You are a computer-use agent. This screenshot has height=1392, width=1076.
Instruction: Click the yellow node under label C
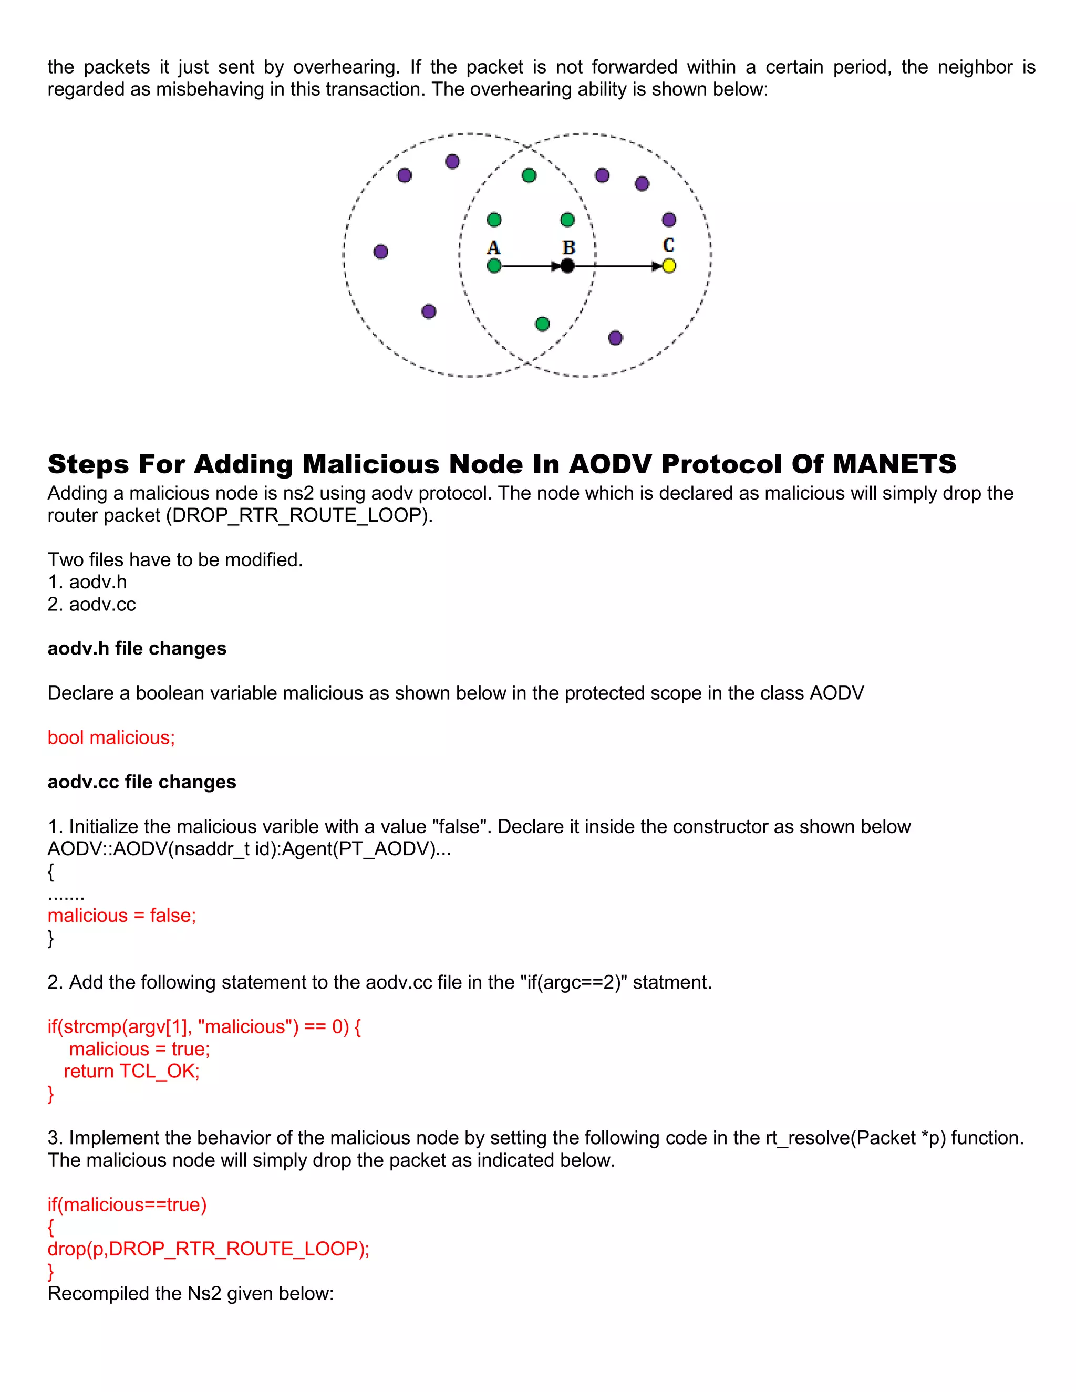tap(669, 266)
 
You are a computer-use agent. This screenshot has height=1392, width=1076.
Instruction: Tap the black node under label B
tap(567, 266)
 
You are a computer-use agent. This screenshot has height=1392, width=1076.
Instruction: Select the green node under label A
tap(494, 266)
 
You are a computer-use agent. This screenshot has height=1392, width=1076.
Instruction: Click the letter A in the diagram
tap(493, 247)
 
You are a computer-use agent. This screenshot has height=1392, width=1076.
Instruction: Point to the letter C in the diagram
tap(668, 245)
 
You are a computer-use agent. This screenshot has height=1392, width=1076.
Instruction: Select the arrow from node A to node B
tap(529, 266)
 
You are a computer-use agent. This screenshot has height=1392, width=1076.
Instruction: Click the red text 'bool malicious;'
tap(111, 737)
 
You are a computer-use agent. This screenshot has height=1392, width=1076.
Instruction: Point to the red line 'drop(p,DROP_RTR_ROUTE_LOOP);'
tap(209, 1249)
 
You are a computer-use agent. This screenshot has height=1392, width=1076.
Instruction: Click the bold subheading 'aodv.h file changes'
tap(137, 648)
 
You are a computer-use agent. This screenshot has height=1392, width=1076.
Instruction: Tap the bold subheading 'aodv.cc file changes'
tap(141, 782)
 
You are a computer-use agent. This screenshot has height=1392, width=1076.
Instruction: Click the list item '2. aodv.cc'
tap(92, 604)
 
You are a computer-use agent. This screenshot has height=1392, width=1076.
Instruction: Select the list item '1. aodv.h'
tap(87, 582)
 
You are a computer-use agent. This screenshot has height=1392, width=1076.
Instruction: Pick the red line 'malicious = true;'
tap(140, 1049)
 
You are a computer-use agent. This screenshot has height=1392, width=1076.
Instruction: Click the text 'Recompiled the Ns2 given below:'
tap(191, 1293)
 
